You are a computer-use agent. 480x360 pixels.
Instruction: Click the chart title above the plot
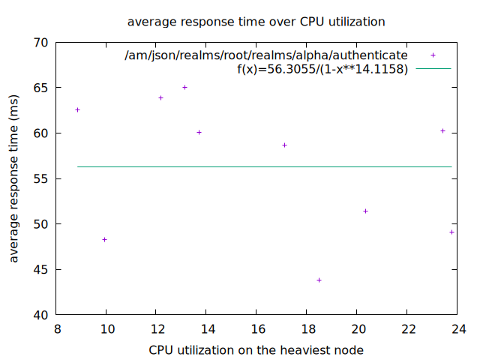tap(256, 22)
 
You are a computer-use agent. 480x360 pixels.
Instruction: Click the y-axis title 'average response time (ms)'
tap(14, 178)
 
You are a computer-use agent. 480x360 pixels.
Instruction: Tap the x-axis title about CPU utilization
tap(256, 349)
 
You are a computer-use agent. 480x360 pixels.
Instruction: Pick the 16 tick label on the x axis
tap(257, 328)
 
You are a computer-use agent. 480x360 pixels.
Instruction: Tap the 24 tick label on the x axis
tap(458, 328)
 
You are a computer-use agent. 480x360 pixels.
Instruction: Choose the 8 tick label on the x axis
tap(56, 328)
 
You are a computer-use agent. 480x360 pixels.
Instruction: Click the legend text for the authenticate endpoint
tap(266, 55)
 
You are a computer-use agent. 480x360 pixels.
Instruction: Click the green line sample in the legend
tap(433, 69)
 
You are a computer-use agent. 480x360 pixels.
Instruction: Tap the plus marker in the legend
tap(433, 55)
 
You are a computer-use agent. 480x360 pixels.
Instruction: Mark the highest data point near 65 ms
tap(184, 88)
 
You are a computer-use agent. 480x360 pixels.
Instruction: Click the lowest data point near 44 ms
tap(319, 280)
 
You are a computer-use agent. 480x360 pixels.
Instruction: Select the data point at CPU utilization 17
tap(284, 145)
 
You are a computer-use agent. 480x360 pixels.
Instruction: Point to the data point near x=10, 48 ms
tap(104, 240)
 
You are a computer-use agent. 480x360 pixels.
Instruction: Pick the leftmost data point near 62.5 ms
tap(77, 110)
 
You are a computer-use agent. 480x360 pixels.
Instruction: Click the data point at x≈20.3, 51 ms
tap(365, 211)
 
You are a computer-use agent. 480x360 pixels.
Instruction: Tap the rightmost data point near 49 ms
tap(451, 232)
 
